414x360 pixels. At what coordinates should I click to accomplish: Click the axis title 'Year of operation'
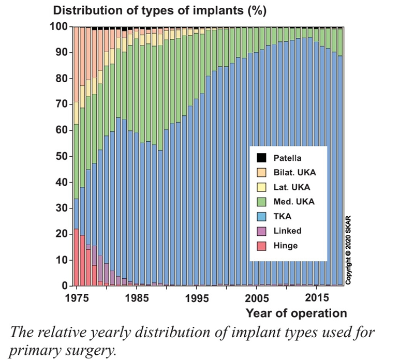(296, 313)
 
